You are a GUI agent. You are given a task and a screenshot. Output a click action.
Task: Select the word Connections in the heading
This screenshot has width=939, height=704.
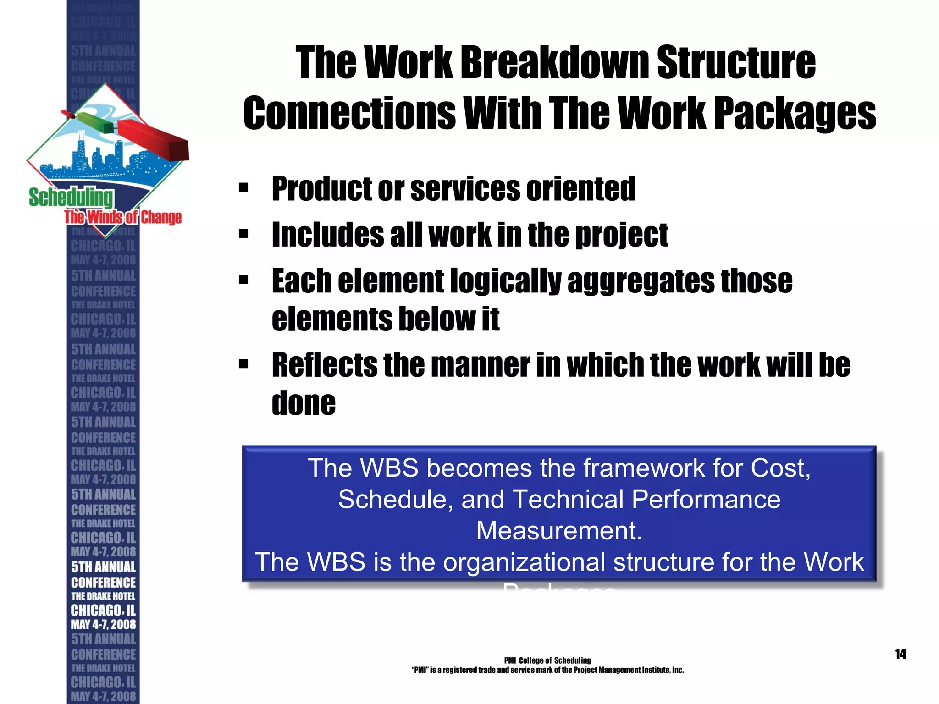349,113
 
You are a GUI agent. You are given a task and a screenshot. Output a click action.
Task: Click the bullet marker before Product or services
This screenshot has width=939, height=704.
243,188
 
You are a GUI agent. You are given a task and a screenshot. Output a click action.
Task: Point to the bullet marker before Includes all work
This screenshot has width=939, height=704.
243,234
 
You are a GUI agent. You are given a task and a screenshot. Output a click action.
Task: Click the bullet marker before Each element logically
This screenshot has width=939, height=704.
243,280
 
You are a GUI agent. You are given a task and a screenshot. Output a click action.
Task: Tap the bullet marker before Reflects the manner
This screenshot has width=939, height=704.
243,364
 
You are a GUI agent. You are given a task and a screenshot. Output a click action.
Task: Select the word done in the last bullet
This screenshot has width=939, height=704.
304,403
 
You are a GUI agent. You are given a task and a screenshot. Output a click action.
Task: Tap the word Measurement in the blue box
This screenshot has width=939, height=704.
559,531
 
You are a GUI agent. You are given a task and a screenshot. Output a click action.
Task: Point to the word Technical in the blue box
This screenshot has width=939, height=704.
568,500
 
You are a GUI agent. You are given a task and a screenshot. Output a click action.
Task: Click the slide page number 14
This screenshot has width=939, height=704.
900,654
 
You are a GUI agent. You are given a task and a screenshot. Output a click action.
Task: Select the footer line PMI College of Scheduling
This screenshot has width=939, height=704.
547,660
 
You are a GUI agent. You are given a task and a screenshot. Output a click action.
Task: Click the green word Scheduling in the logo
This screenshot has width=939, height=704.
71,197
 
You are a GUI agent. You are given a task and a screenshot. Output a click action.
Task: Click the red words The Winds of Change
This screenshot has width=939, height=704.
123,217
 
